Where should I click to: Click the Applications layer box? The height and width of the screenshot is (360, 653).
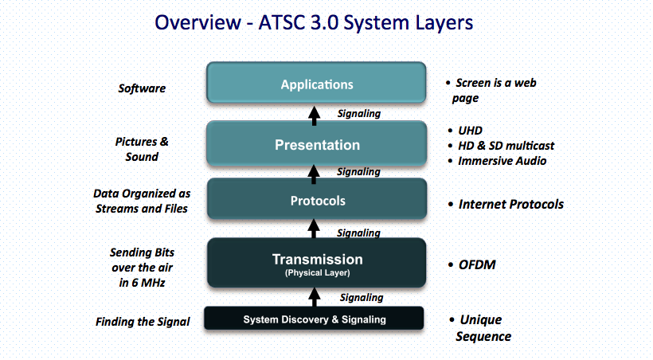click(x=317, y=84)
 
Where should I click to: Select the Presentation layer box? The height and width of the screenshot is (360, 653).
click(x=317, y=144)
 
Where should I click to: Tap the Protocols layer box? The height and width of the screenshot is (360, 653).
click(x=317, y=200)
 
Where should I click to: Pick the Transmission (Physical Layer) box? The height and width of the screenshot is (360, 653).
click(x=317, y=263)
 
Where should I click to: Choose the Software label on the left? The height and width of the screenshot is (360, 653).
click(x=142, y=88)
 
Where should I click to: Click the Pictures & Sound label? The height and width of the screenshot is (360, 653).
click(x=142, y=149)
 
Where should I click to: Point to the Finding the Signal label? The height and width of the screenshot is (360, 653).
click(x=143, y=322)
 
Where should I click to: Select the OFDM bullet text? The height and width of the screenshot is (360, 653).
click(x=478, y=264)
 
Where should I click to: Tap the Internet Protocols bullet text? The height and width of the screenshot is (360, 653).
click(x=510, y=204)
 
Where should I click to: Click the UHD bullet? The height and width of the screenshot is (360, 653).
click(x=470, y=130)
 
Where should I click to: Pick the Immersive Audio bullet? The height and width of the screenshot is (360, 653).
click(x=502, y=160)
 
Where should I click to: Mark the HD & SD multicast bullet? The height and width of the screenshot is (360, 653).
click(x=506, y=145)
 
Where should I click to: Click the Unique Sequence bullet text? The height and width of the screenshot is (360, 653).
click(x=482, y=327)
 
